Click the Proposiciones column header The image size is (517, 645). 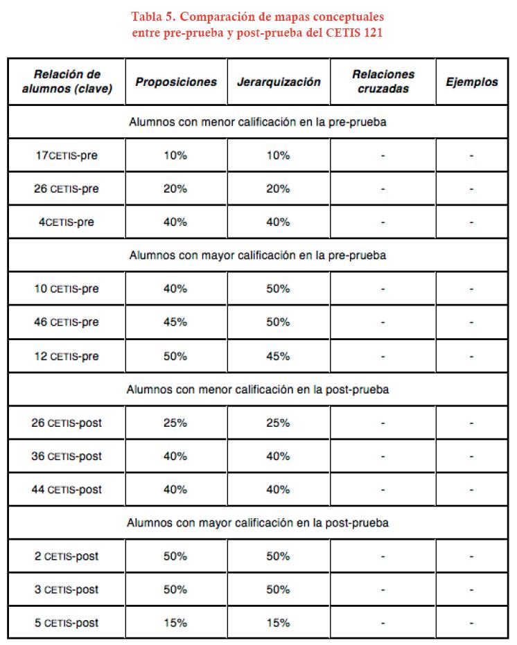point(176,82)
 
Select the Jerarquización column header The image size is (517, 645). point(279,82)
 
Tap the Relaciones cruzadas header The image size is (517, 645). point(383,81)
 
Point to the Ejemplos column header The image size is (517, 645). point(471,82)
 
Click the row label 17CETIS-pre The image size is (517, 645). point(67,155)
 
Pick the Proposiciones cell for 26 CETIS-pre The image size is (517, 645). point(175,188)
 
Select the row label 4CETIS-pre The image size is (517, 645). point(67,222)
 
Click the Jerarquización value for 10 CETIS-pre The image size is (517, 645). point(278,289)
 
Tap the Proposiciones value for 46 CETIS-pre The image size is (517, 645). point(175,322)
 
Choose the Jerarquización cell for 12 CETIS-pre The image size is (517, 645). point(278,356)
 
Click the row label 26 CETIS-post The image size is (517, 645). point(67,423)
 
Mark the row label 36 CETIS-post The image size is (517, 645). point(67,456)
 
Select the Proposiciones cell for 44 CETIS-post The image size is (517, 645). point(175,489)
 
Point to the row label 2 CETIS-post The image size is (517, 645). point(67,556)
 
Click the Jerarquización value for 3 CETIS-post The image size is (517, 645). point(278,590)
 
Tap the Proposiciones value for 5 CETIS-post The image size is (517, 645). point(175,623)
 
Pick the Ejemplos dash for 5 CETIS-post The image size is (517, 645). point(471,623)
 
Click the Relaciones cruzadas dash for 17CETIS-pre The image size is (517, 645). point(383,155)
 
